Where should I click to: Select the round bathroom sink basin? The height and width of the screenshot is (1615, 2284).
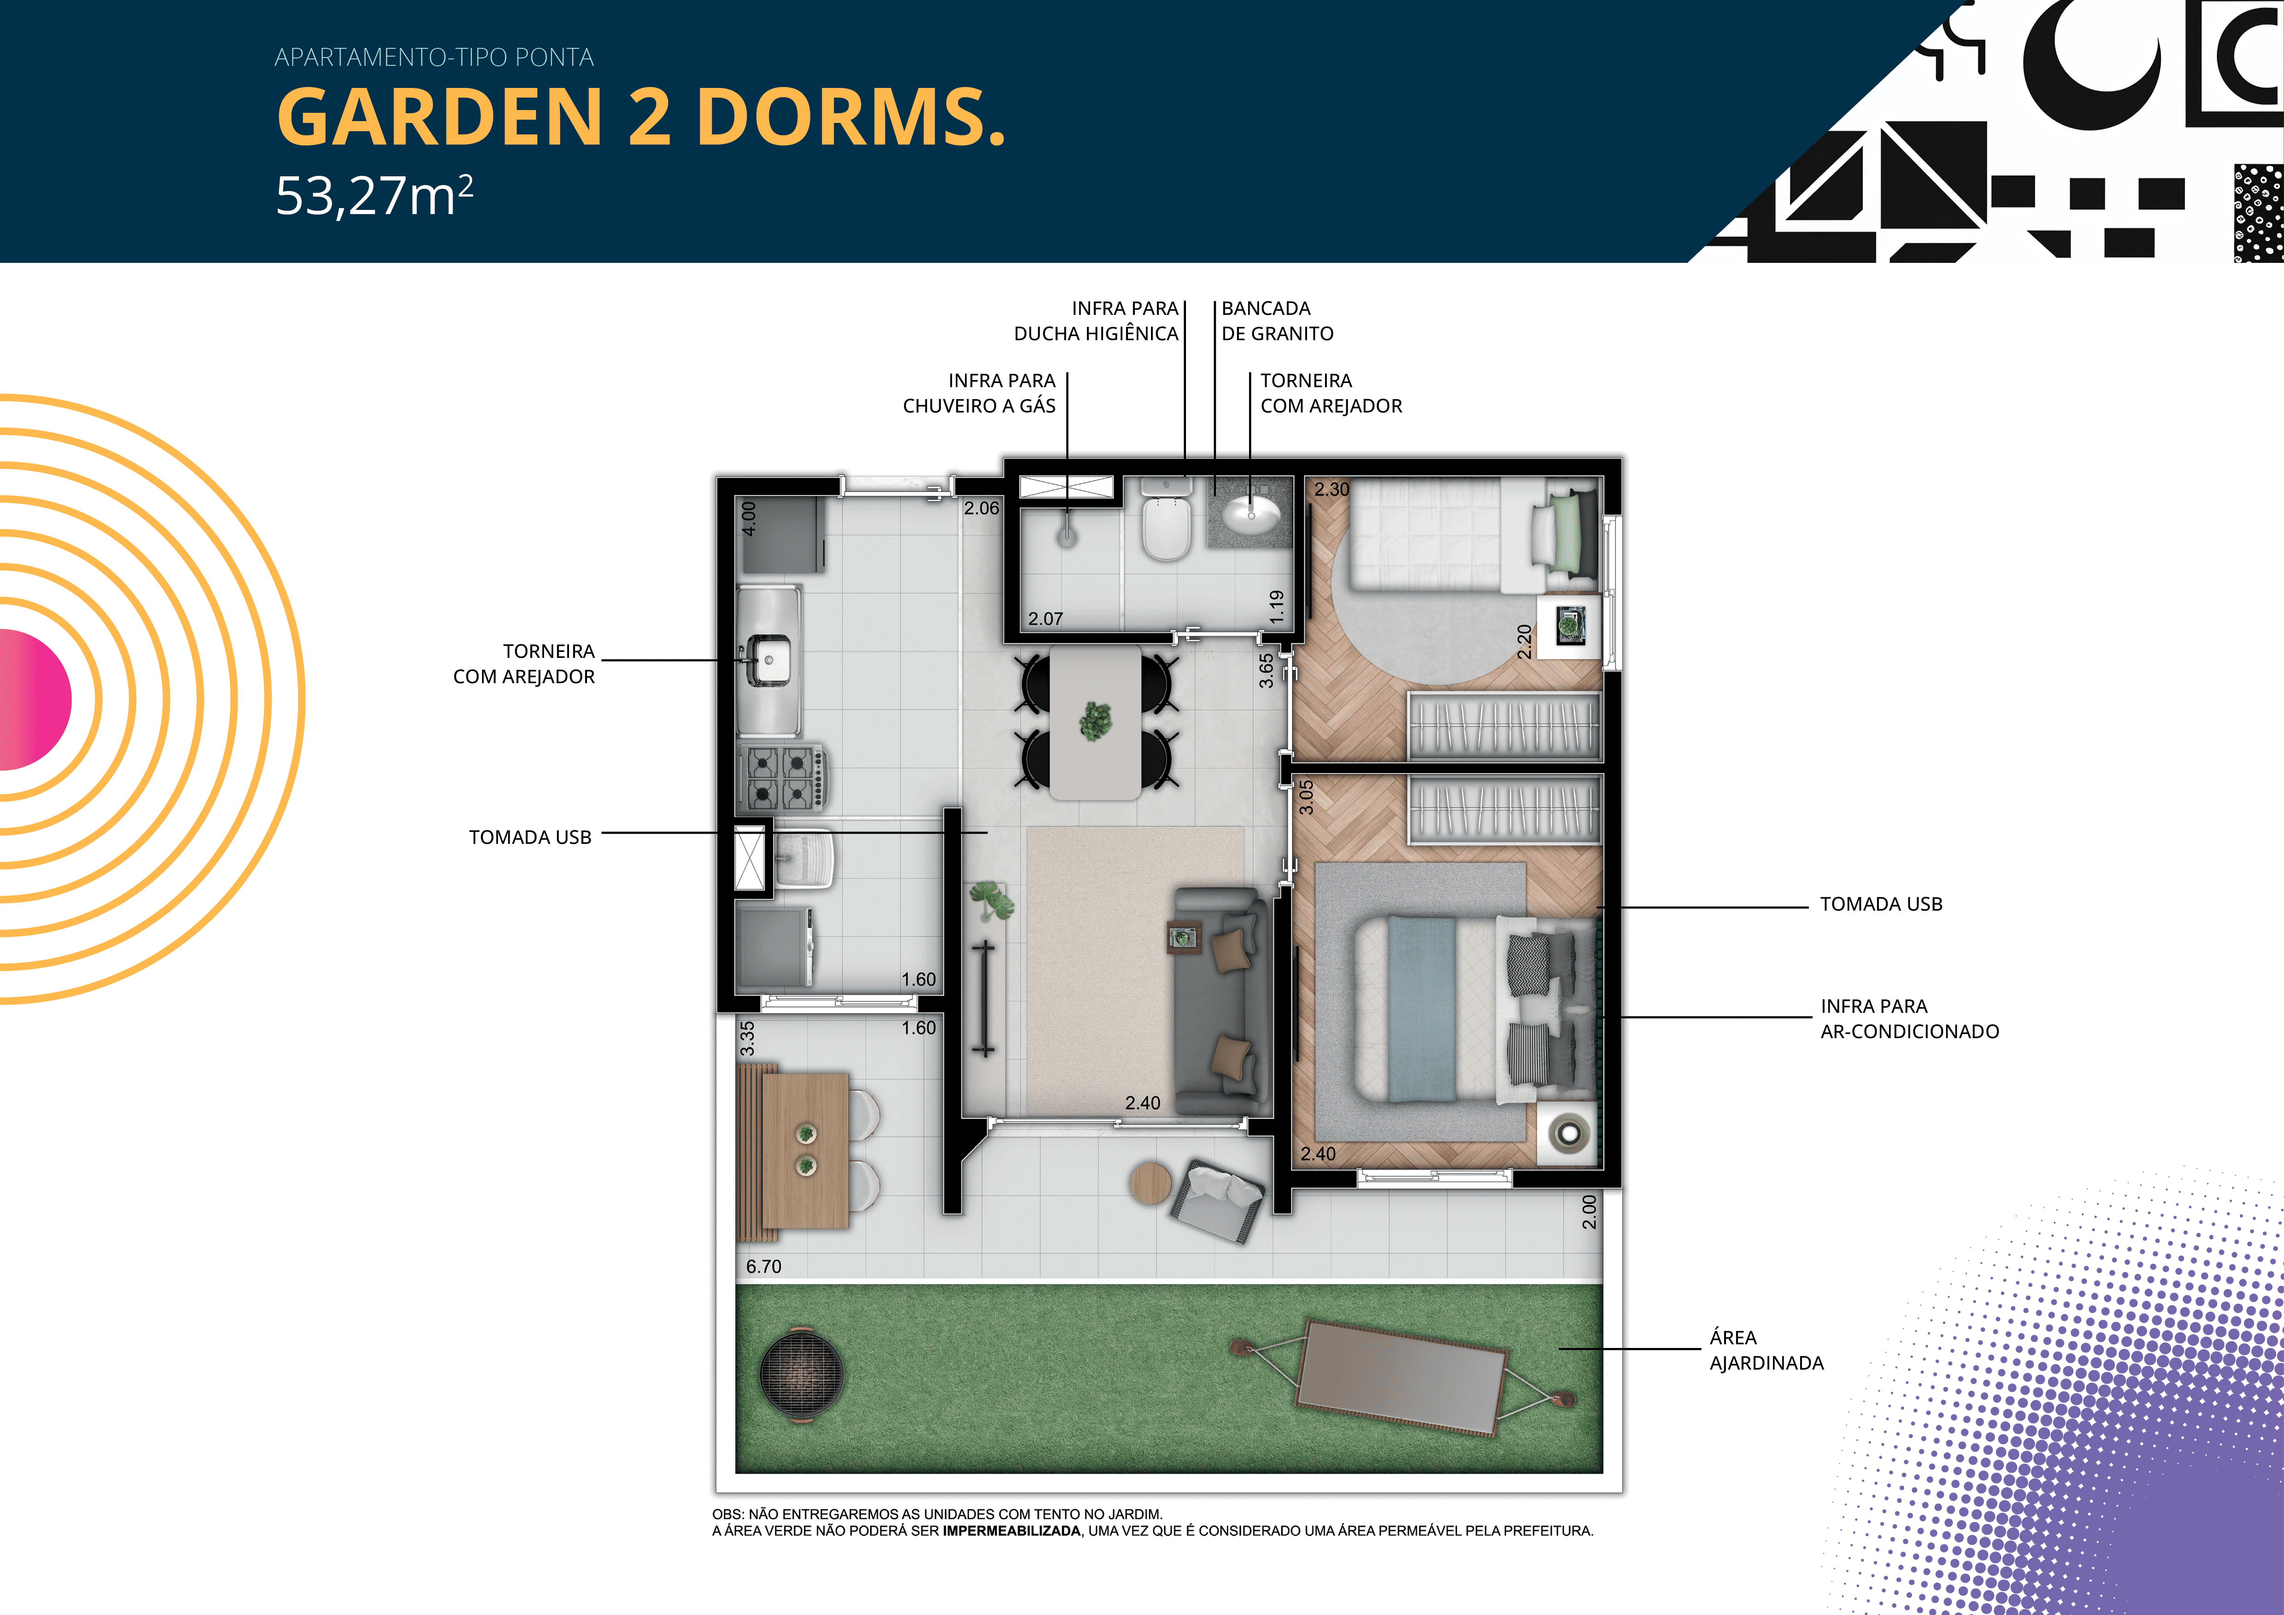click(x=1251, y=514)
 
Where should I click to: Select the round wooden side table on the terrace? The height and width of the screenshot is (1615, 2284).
click(x=1151, y=1184)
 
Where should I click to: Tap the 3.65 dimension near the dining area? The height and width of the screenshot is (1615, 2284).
click(x=1265, y=669)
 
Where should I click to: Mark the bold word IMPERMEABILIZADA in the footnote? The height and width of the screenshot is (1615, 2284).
click(x=1011, y=1530)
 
